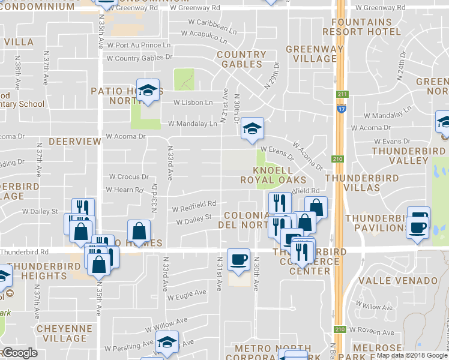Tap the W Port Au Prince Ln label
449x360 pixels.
click(x=139, y=45)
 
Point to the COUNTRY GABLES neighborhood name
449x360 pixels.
click(x=241, y=59)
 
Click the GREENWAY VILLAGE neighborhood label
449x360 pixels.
click(x=315, y=54)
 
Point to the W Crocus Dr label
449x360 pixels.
click(x=128, y=177)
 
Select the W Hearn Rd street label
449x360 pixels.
click(x=125, y=190)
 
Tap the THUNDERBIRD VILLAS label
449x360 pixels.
click(x=353, y=183)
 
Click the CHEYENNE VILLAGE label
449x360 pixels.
click(x=62, y=334)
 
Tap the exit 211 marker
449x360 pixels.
click(x=342, y=94)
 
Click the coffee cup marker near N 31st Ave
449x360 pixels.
click(x=239, y=259)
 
